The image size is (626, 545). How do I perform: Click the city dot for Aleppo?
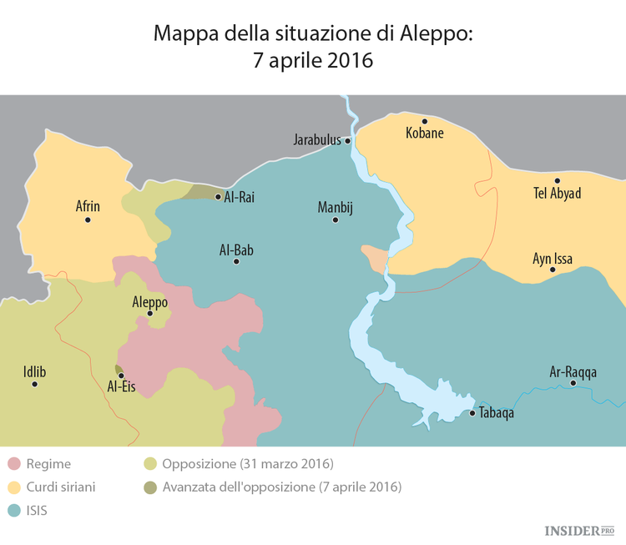149,314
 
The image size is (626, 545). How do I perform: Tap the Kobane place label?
424,133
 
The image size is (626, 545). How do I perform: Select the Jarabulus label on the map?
317,140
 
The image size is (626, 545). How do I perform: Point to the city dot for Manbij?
336,220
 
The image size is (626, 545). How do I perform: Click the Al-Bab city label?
236,249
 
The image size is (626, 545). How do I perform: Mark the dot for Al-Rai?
218,198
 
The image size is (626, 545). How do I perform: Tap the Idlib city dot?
34,384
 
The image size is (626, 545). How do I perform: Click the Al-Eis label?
121,387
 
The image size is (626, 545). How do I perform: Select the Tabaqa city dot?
472,413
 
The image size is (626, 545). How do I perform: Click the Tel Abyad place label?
557,194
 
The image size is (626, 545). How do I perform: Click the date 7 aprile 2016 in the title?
313,61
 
